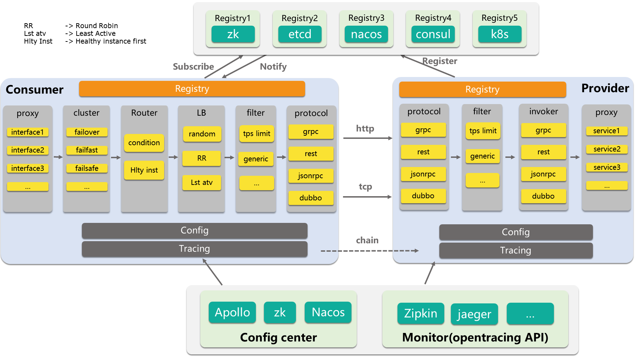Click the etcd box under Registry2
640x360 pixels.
[x=300, y=34]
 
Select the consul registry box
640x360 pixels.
[x=433, y=34]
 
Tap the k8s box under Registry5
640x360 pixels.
[x=500, y=34]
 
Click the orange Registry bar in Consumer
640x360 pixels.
[x=192, y=89]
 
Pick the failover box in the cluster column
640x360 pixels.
[x=87, y=132]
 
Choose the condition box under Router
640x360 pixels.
[x=144, y=143]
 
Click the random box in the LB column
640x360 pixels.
[x=202, y=134]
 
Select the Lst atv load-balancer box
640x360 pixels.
[x=202, y=182]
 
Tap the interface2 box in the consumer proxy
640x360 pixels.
[x=28, y=150]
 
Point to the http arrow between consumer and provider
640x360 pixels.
[x=368, y=138]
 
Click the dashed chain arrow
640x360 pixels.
[x=370, y=251]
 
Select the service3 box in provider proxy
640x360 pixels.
[x=607, y=167]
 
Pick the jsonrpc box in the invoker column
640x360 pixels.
[x=543, y=174]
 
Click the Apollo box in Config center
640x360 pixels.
[x=232, y=312]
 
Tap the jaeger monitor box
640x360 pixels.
[x=474, y=314]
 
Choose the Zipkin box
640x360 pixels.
[x=421, y=313]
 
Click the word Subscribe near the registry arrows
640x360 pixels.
[x=193, y=67]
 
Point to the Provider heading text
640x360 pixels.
[x=605, y=88]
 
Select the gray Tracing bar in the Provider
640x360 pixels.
[x=516, y=250]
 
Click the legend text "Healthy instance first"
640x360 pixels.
[x=111, y=41]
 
